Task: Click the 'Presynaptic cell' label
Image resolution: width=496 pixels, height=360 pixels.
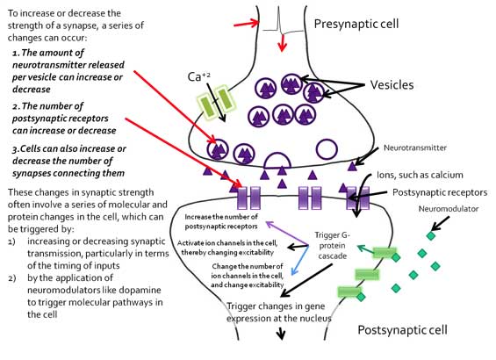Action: tap(356, 24)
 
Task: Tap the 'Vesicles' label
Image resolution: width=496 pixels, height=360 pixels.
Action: tap(392, 85)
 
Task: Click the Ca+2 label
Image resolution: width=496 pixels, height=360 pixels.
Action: tap(199, 76)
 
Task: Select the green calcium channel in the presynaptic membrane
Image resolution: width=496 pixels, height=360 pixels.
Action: tap(217, 102)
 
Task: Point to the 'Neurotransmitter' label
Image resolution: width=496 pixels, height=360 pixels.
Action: tap(415, 148)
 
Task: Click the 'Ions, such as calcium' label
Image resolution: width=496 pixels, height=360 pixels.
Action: tap(420, 175)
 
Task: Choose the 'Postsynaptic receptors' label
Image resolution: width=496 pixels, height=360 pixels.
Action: tap(440, 192)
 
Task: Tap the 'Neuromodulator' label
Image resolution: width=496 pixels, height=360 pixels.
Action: tap(449, 209)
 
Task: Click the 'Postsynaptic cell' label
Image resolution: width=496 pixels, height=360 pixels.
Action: tap(402, 330)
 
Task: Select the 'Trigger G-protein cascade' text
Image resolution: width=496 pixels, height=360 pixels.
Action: tap(333, 246)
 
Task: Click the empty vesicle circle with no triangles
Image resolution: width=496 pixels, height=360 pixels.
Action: tap(327, 149)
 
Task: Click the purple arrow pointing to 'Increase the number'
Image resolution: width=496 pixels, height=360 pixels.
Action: tap(287, 234)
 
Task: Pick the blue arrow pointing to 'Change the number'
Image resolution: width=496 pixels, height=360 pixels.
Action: tap(300, 259)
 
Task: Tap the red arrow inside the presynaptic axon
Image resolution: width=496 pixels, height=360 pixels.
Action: tap(282, 43)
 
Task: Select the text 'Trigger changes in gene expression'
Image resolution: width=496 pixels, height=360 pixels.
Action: tap(278, 313)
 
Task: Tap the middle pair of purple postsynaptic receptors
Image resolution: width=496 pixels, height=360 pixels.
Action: tap(310, 198)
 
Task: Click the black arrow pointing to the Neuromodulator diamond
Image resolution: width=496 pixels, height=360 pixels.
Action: tap(441, 223)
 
